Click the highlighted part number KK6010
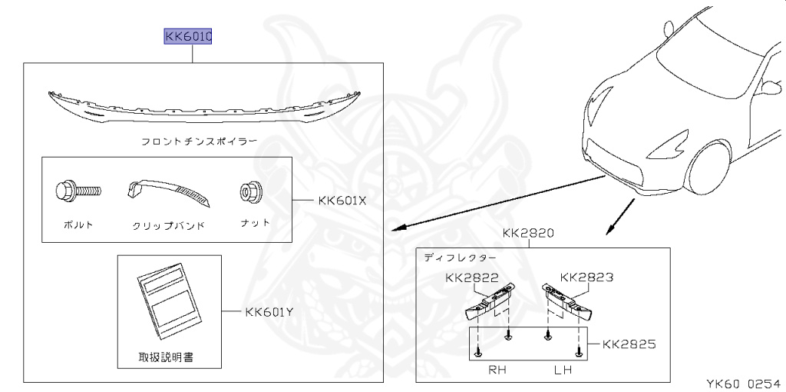click(x=187, y=36)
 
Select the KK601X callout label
click(x=343, y=201)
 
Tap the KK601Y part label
click(x=269, y=312)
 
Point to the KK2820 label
click(x=530, y=233)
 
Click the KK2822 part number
click(x=471, y=277)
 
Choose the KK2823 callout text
click(x=586, y=277)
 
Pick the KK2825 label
click(x=629, y=344)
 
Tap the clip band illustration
click(x=170, y=193)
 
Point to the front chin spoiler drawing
click(x=203, y=105)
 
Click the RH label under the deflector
click(x=498, y=370)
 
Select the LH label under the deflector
click(x=563, y=370)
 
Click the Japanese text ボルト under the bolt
click(x=78, y=224)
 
